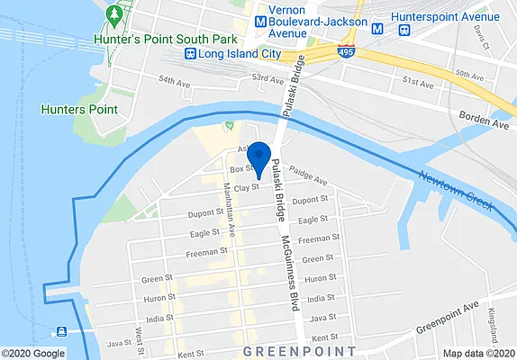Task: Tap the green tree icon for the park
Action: click(113, 15)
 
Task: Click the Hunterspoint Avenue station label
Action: click(450, 16)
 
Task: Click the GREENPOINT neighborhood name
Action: click(300, 348)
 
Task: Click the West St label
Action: click(141, 336)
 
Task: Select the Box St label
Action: click(239, 169)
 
